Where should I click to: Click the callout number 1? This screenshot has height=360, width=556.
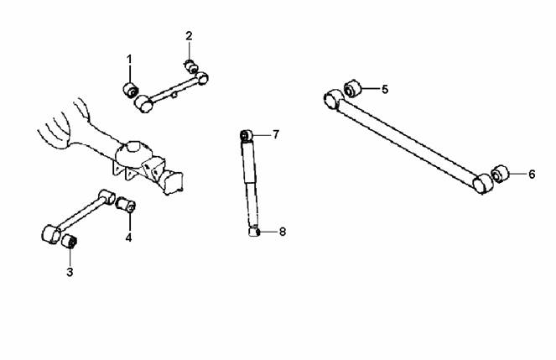(129, 60)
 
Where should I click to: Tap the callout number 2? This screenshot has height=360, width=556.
(189, 36)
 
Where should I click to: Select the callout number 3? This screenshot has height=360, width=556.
(70, 272)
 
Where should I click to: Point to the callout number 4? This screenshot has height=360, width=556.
(128, 237)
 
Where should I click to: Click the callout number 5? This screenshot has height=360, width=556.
(385, 90)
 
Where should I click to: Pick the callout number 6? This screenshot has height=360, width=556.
(532, 175)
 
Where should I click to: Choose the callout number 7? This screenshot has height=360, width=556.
(276, 134)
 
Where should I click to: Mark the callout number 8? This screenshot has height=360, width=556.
(283, 232)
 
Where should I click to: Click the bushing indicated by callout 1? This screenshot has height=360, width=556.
(131, 90)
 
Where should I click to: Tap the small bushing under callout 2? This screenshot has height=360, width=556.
(190, 66)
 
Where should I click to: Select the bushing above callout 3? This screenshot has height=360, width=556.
(69, 242)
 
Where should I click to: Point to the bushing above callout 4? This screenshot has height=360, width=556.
(126, 205)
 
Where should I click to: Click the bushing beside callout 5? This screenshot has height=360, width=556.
(352, 88)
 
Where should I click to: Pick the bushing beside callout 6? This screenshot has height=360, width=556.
(500, 174)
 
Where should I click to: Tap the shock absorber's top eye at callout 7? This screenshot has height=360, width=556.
(246, 135)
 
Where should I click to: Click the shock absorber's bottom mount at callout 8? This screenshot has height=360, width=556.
(254, 232)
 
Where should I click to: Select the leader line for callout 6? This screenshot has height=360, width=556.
(517, 174)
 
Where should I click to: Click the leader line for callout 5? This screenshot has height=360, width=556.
(370, 88)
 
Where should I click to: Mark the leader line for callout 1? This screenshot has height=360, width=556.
(130, 74)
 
